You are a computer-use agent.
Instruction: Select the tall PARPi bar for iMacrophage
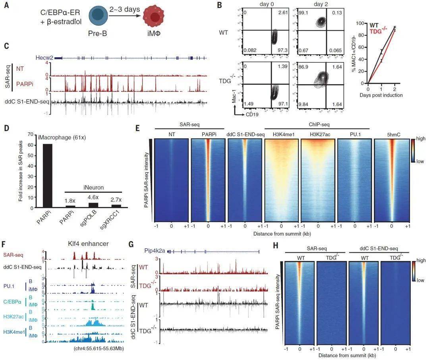[x=47, y=175]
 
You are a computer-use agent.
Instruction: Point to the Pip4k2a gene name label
[x=157, y=251]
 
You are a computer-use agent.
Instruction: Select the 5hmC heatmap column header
[x=391, y=134]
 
